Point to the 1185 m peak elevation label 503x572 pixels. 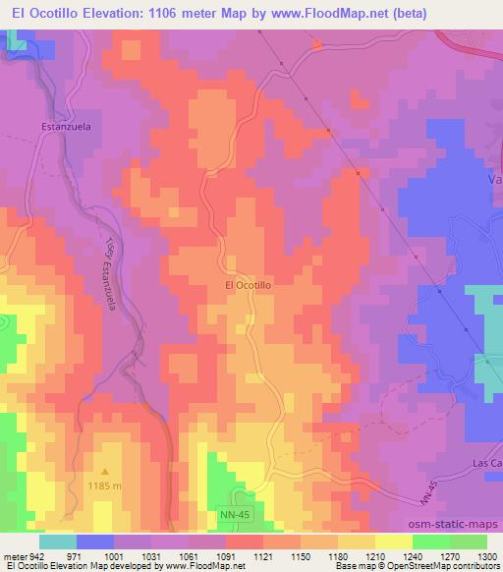coord(104,486)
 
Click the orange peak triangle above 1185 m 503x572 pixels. coord(104,472)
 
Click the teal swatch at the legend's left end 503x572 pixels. coord(57,542)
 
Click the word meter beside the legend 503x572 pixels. coord(15,556)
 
